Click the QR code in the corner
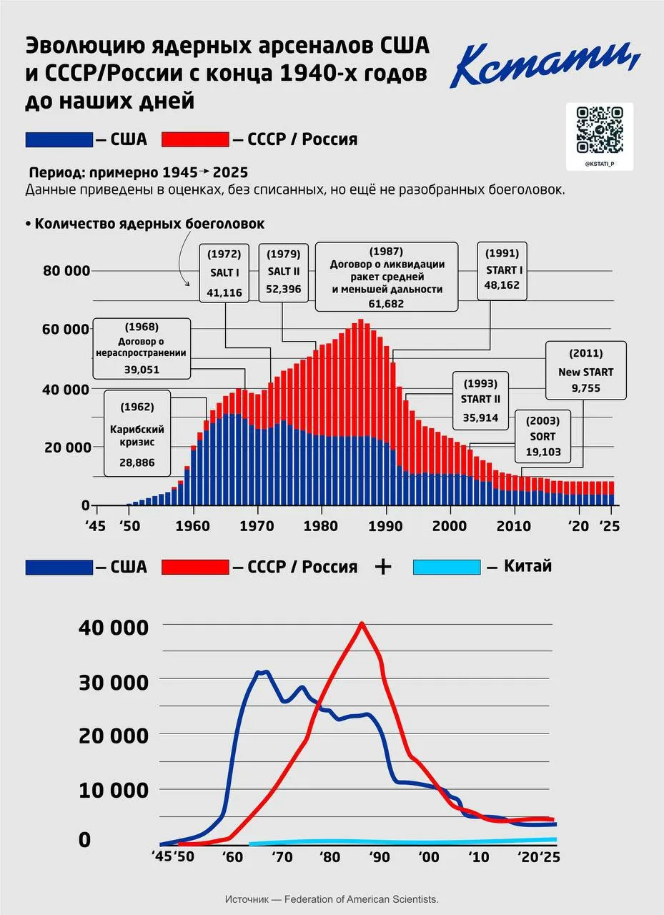pyautogui.click(x=600, y=129)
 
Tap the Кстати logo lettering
pyautogui.click(x=545, y=65)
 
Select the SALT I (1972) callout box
pyautogui.click(x=224, y=272)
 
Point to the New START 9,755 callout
pyautogui.click(x=585, y=371)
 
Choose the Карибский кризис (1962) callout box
pyautogui.click(x=137, y=433)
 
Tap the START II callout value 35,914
pyautogui.click(x=480, y=417)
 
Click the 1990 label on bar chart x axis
pyautogui.click(x=387, y=526)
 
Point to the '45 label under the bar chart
pyautogui.click(x=96, y=526)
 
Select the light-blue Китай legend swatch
pyautogui.click(x=447, y=567)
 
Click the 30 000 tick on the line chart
pyautogui.click(x=114, y=681)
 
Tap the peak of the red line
pyautogui.click(x=362, y=623)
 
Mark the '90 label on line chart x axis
pyautogui.click(x=376, y=857)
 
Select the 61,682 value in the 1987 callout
pyautogui.click(x=386, y=303)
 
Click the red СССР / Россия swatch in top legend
pyautogui.click(x=195, y=139)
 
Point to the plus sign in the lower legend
pyautogui.click(x=384, y=567)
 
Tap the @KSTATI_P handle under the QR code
pyautogui.click(x=600, y=164)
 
